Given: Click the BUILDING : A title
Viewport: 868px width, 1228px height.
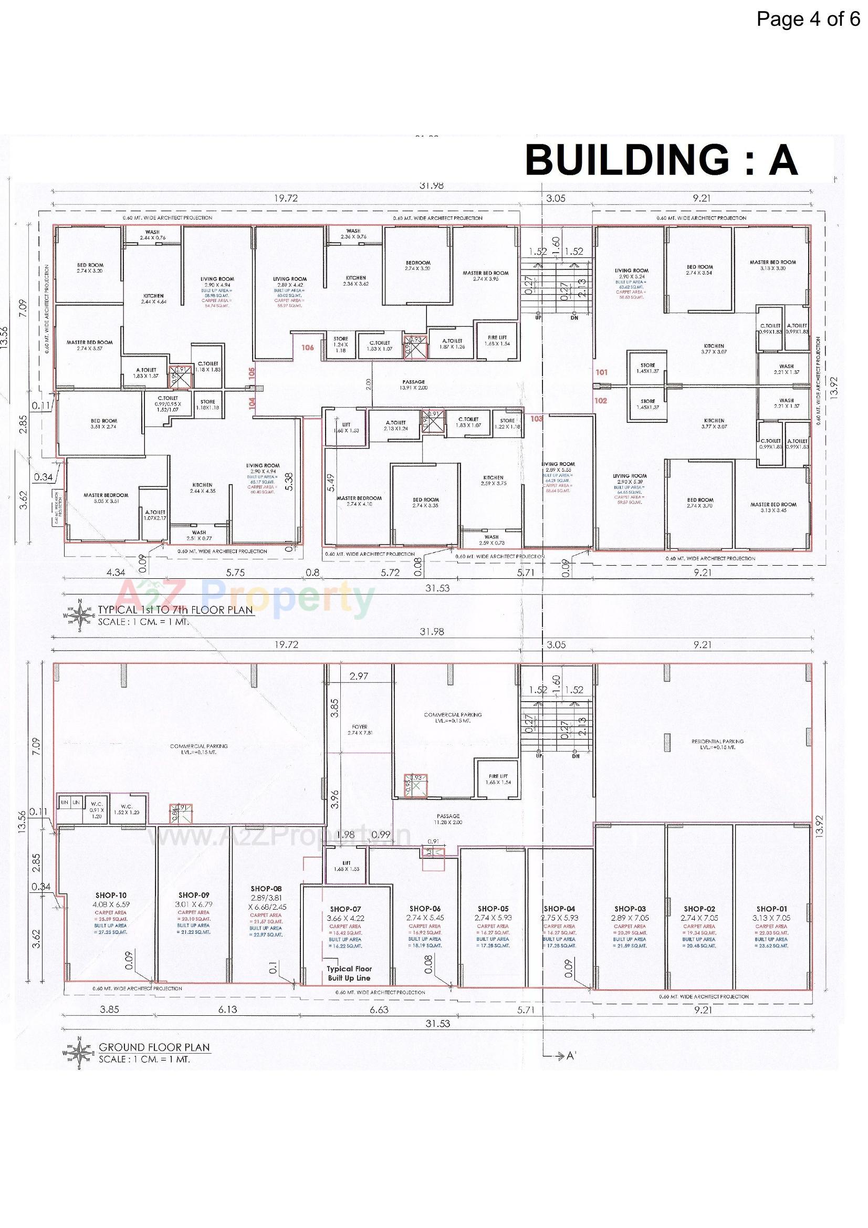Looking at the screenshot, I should click(x=661, y=160).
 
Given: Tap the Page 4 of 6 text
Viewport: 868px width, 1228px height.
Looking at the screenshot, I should click(x=808, y=19).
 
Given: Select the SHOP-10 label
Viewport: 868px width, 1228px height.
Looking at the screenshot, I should click(x=111, y=896).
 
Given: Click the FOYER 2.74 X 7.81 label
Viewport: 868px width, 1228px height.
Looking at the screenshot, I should click(x=359, y=730).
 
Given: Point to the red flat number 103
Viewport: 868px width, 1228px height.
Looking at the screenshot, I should click(x=537, y=419).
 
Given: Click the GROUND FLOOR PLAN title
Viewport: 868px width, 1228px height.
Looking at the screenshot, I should click(x=154, y=1047).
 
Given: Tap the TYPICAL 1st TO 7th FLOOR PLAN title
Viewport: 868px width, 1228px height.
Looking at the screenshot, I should click(x=175, y=609).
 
